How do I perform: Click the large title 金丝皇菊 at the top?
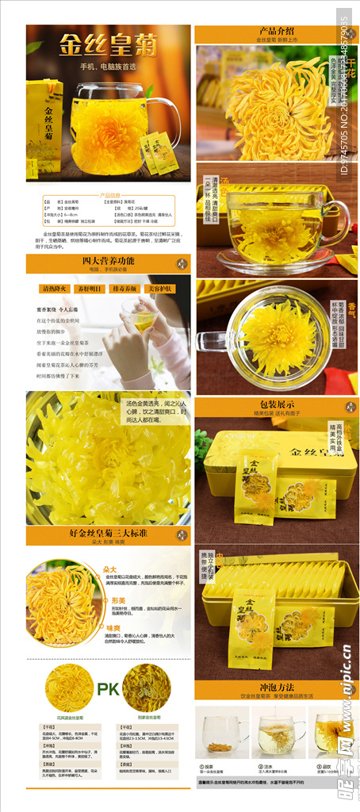tap(109, 40)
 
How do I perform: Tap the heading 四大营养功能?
tap(108, 260)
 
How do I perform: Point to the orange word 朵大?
tap(110, 569)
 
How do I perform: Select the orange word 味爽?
tap(111, 627)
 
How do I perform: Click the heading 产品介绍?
tap(276, 29)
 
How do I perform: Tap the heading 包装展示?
tap(276, 404)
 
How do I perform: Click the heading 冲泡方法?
tap(276, 687)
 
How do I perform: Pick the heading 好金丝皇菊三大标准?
tap(108, 533)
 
